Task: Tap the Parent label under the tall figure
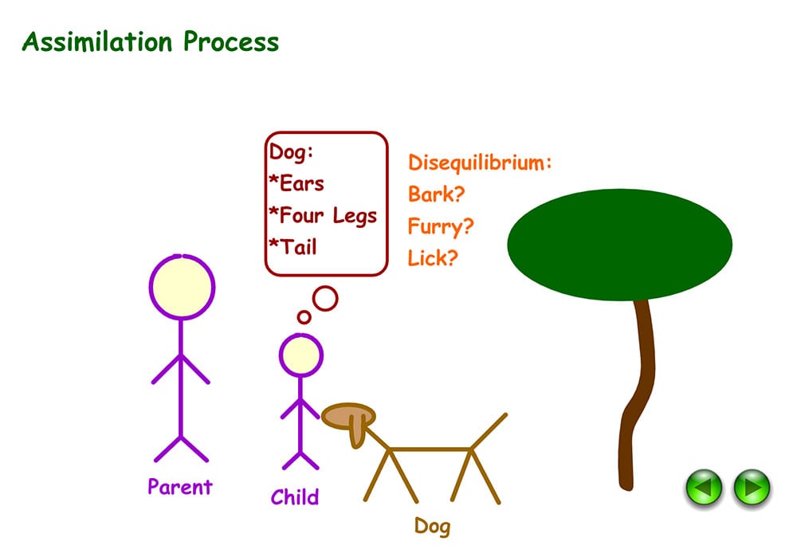click(180, 486)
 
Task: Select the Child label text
click(294, 497)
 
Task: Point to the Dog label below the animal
click(432, 525)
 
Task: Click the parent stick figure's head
click(182, 288)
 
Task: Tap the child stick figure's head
click(300, 355)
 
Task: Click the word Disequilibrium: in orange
click(480, 163)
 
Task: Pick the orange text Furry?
click(441, 226)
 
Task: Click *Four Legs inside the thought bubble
click(323, 215)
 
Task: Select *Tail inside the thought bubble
click(292, 247)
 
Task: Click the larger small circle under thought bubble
click(325, 298)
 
